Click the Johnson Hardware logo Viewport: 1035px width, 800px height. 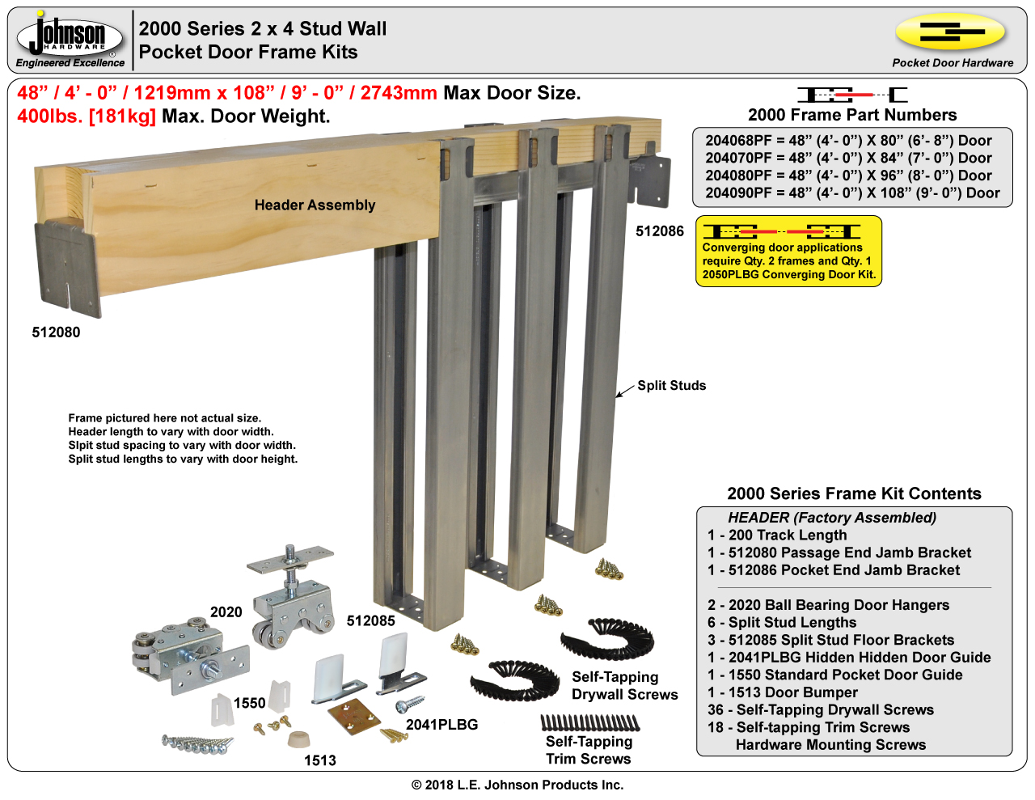point(70,39)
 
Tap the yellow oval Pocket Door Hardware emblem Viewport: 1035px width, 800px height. point(951,32)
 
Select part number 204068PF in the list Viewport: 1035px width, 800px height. point(737,141)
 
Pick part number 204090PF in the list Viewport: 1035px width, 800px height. point(737,193)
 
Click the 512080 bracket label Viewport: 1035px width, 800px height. point(56,332)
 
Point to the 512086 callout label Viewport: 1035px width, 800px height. point(659,231)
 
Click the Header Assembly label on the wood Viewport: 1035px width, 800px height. point(315,205)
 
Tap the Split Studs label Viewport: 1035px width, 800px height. point(672,386)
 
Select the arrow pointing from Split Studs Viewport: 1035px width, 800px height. point(625,390)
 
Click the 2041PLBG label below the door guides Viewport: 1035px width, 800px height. point(441,724)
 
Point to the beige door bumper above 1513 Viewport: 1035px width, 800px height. point(299,739)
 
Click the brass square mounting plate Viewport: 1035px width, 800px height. point(353,716)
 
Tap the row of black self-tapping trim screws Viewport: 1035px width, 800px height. point(590,723)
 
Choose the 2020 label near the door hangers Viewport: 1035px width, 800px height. point(226,612)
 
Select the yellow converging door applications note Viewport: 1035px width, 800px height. point(788,251)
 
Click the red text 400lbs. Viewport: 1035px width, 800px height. point(50,116)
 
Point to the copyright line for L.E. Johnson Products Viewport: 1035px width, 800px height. point(517,785)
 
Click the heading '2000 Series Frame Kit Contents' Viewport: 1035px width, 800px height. point(854,493)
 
